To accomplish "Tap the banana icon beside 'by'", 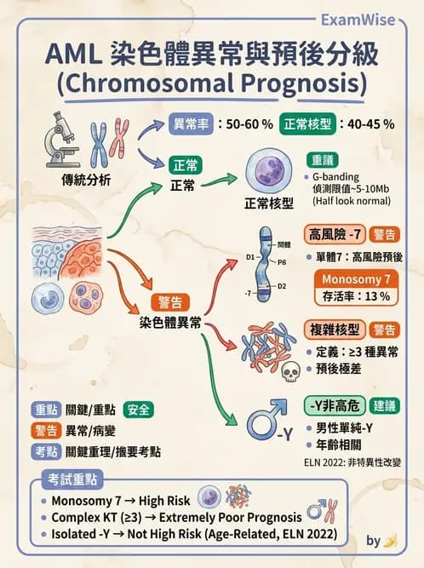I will pos(390,541).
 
